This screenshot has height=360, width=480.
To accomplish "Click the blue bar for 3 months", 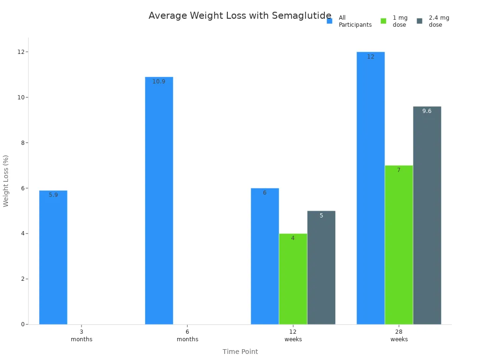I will point(53,258).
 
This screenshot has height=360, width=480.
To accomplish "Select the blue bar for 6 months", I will point(159,202).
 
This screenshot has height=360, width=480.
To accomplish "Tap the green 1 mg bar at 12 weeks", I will point(293,279).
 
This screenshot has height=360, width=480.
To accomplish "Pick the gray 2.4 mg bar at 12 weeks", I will point(321,267).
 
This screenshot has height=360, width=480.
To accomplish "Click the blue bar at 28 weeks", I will point(370,187).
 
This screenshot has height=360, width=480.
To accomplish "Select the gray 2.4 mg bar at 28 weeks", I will point(427,216).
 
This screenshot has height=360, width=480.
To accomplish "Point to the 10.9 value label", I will point(159,82).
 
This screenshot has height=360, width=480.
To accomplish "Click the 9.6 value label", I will point(427,111).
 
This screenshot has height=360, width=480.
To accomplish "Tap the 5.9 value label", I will point(53,195).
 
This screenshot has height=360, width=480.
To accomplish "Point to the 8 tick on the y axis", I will point(22,142).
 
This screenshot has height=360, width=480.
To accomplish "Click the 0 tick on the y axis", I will point(22,324).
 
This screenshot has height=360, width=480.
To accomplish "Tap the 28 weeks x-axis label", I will point(399,335).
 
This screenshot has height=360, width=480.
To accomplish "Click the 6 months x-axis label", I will point(187,335).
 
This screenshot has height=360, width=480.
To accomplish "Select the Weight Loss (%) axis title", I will point(6,180).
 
